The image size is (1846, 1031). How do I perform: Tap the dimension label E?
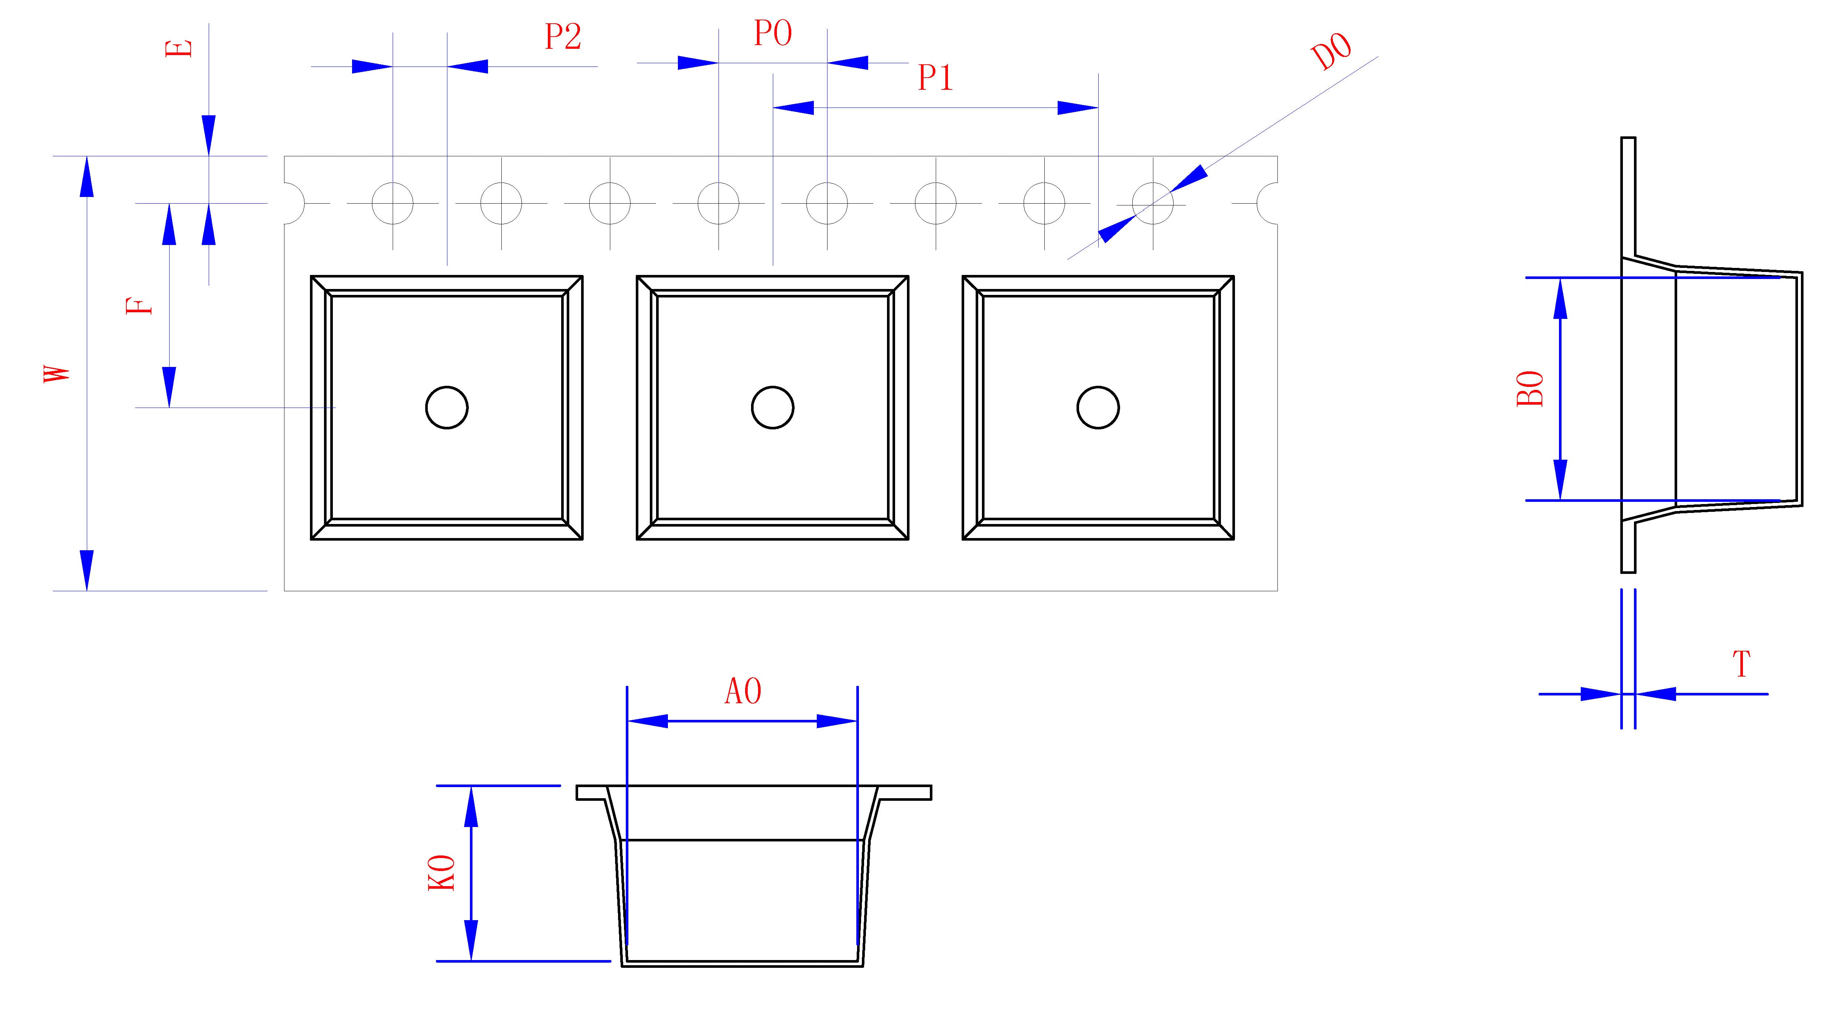[180, 48]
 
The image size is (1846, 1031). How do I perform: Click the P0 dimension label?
[772, 34]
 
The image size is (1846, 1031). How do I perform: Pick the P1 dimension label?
[935, 78]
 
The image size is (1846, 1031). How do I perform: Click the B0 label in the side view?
[1530, 389]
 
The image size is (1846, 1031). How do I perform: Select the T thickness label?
[1741, 665]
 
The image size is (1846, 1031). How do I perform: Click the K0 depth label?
[442, 873]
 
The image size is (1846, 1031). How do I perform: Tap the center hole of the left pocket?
[447, 408]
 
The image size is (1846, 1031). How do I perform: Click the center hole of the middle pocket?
[772, 408]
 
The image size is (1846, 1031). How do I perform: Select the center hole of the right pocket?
[1098, 408]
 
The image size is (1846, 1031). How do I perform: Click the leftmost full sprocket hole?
[393, 203]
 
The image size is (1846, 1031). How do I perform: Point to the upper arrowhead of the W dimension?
[87, 176]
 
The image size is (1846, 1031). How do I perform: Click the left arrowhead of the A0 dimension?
[647, 721]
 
